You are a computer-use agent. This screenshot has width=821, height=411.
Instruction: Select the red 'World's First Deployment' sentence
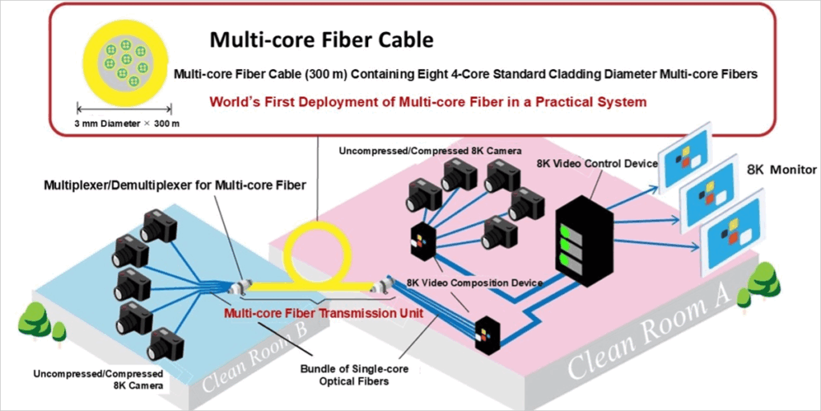click(x=427, y=102)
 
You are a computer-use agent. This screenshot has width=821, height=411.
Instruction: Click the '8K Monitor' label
click(x=781, y=170)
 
